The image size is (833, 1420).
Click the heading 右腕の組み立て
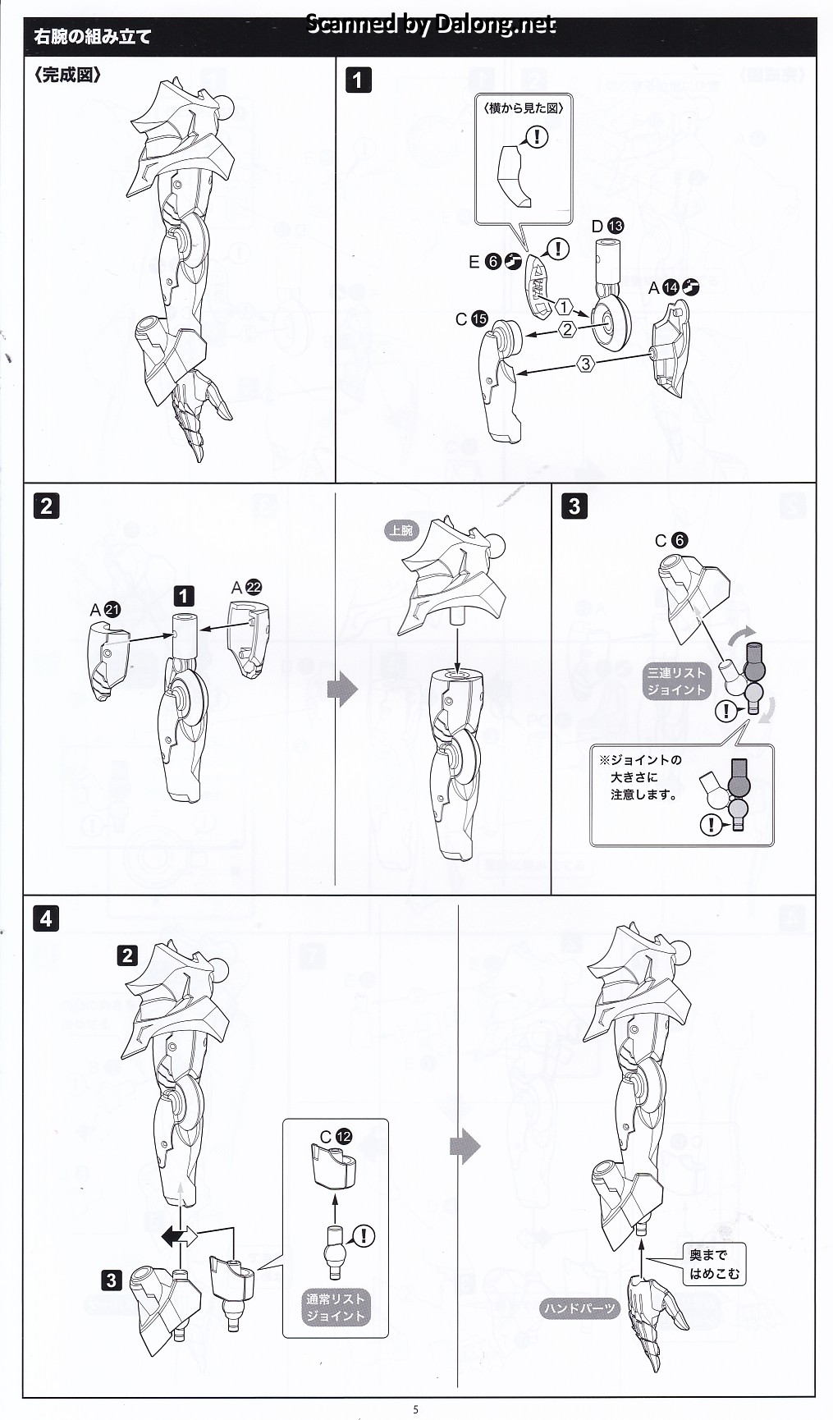tap(92, 36)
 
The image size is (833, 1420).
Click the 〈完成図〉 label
tap(68, 75)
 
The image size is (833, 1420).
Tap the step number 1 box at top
tap(358, 80)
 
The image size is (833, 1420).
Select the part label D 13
tap(607, 226)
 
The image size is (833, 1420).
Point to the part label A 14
tap(673, 287)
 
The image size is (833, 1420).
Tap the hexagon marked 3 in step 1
tap(585, 364)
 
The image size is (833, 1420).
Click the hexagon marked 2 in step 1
tap(567, 330)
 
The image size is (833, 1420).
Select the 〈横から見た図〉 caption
tap(524, 108)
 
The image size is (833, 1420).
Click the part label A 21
tap(105, 610)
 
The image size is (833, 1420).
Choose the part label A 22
tap(246, 587)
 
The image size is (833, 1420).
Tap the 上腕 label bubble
tap(401, 530)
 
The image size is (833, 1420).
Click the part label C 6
tap(671, 540)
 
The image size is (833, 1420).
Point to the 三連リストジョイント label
tap(676, 681)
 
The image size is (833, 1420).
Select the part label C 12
tap(336, 1137)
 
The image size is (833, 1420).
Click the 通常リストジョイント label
tap(336, 1308)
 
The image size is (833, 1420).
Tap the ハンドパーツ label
tap(579, 1308)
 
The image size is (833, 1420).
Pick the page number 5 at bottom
tap(416, 1409)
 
